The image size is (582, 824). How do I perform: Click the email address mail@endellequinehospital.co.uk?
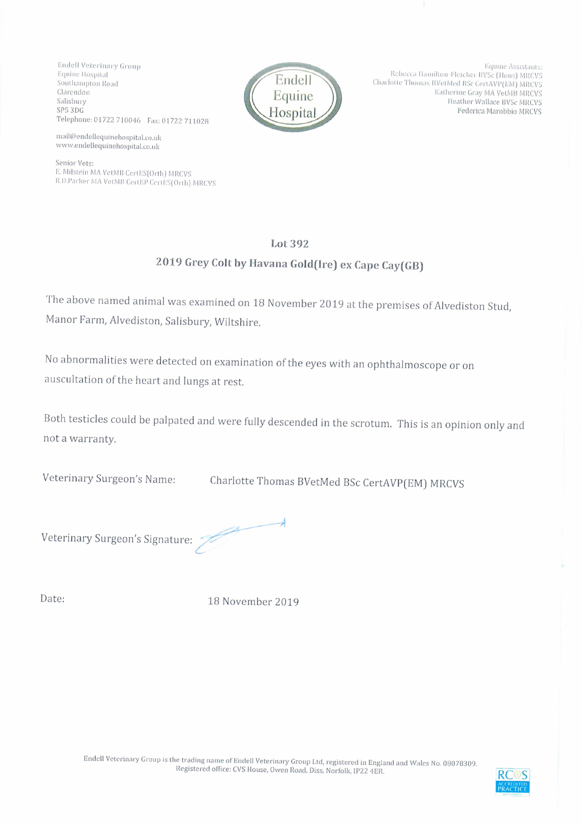109,137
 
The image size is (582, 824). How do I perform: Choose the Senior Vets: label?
74,163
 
